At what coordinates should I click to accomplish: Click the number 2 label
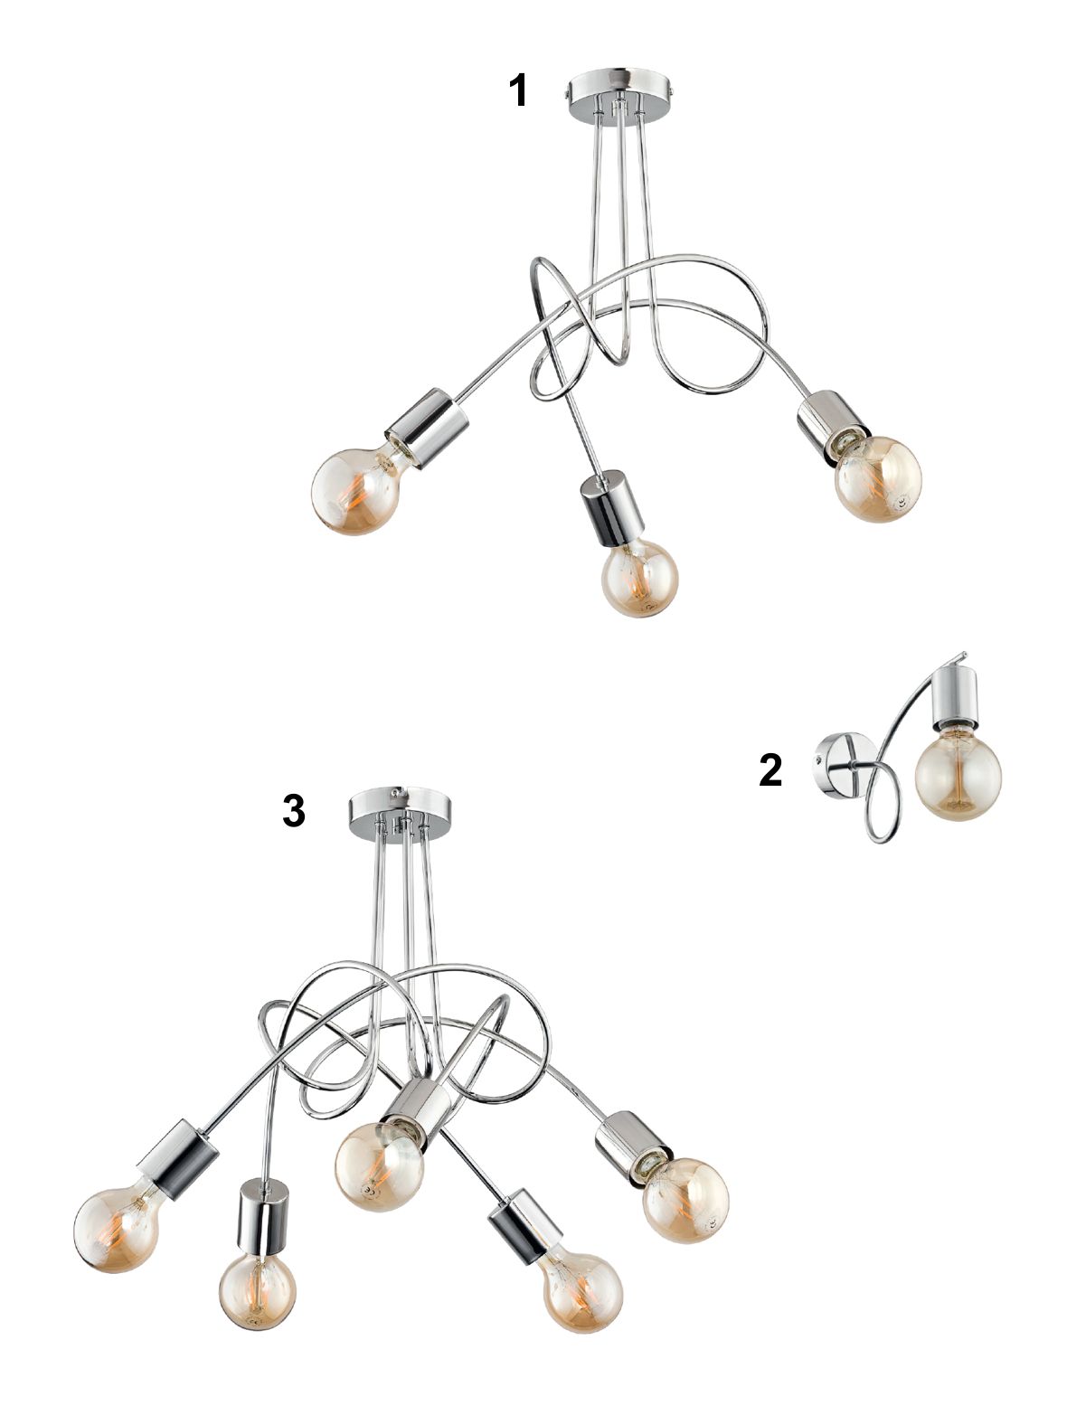coord(770,769)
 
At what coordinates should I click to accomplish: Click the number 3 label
coord(293,810)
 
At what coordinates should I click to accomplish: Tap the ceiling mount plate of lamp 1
coord(618,92)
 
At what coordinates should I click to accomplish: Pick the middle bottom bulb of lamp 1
coord(639,578)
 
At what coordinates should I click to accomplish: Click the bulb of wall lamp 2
coord(958,777)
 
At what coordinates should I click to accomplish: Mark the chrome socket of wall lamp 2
coord(954,697)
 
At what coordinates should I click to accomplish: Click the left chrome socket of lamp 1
coord(428,428)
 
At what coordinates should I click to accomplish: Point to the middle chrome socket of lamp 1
coord(612,507)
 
